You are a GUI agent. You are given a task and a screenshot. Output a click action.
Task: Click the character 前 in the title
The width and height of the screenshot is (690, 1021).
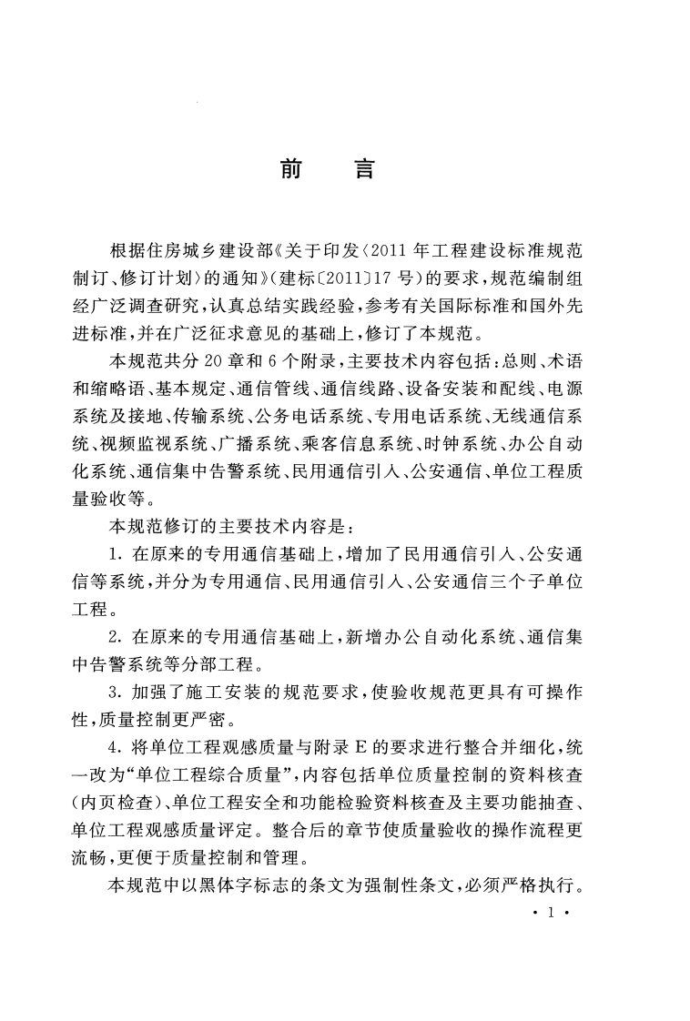tap(291, 169)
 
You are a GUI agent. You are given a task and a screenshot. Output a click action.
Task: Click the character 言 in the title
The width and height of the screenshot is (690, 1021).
tap(364, 169)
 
